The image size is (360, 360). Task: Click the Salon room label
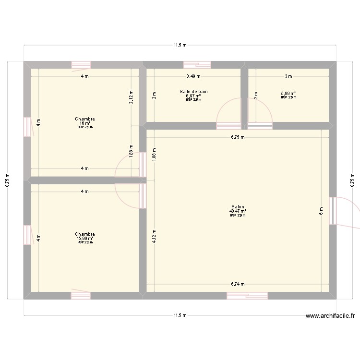(238, 207)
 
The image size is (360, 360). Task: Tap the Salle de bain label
(193, 91)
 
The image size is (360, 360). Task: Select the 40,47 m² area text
(238, 211)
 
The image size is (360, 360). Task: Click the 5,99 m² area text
(288, 94)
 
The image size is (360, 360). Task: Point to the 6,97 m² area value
(193, 96)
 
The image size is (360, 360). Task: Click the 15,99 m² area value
(84, 239)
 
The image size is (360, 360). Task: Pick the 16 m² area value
(84, 123)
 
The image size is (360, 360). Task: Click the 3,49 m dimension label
(193, 76)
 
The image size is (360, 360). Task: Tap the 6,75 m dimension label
(238, 137)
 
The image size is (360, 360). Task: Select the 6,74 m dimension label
(238, 284)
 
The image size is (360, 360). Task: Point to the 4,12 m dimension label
(154, 235)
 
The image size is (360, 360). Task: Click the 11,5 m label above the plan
(180, 45)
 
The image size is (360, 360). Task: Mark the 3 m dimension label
(288, 76)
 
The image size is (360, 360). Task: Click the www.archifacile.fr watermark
(331, 316)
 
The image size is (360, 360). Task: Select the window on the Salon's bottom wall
(247, 295)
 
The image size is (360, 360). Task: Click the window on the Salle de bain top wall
(197, 65)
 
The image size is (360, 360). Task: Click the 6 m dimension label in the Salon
(321, 210)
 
